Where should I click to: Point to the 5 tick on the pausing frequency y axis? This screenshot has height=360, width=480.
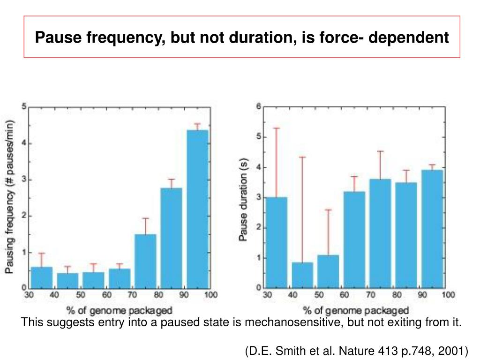(24, 106)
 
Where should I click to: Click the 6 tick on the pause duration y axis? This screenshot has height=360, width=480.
(258, 107)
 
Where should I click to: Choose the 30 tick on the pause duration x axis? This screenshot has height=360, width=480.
(267, 295)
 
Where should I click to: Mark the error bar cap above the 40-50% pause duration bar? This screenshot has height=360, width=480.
(302, 157)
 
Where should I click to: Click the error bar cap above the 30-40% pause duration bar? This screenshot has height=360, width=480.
(276, 128)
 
